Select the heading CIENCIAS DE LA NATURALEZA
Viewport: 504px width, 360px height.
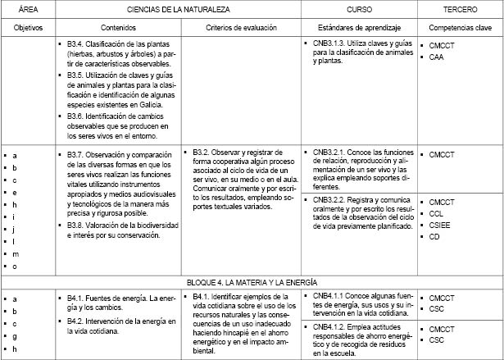click(x=177, y=8)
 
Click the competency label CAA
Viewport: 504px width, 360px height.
click(x=437, y=57)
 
